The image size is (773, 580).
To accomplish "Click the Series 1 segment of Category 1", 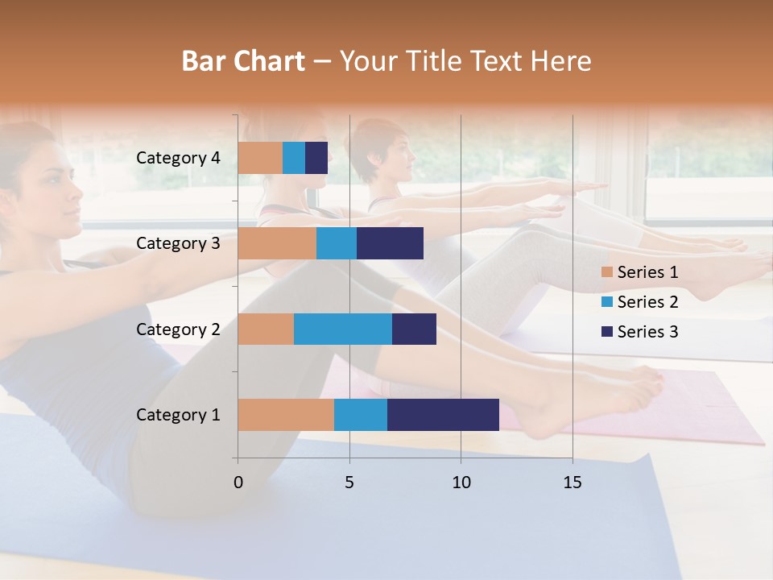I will tap(286, 415).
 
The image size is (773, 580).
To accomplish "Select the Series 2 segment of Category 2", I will tap(343, 329).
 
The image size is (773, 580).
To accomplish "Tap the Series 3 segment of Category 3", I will tap(390, 243).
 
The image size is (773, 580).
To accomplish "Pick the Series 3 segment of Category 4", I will tap(316, 158).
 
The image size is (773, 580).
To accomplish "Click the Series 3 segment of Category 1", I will tap(443, 415).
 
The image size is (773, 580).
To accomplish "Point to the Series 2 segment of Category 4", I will tap(294, 158).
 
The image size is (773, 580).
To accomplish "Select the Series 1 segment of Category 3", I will tap(277, 243).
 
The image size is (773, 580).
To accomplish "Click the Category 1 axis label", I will tap(177, 415).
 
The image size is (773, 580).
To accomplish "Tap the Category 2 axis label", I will tap(177, 329).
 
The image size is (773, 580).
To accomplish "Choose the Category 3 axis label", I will tap(177, 243).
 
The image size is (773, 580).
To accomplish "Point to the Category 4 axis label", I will tap(177, 158).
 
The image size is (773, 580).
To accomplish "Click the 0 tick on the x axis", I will tap(238, 483).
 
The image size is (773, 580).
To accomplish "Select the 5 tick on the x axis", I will tap(349, 483).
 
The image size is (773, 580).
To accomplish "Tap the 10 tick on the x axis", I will tap(461, 483).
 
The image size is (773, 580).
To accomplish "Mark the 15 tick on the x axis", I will tap(573, 483).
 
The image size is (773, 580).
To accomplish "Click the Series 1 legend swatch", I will tap(607, 272).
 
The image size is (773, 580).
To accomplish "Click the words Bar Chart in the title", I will tap(243, 60).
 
